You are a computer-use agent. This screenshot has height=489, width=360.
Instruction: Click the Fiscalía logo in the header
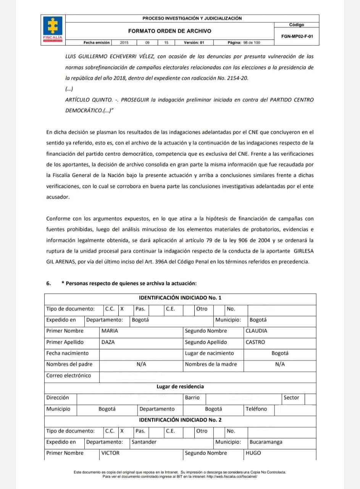53,28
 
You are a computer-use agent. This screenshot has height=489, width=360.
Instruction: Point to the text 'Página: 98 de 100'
244,43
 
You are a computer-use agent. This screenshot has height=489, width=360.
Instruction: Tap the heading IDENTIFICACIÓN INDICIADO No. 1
180,298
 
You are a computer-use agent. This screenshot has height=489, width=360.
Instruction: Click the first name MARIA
110,331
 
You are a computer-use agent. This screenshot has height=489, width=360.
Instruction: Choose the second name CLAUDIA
257,331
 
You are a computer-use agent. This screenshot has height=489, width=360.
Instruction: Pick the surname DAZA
108,342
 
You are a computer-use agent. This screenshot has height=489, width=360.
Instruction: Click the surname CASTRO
255,342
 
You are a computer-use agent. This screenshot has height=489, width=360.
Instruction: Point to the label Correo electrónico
69,376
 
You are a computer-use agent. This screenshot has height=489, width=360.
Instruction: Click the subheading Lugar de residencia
180,387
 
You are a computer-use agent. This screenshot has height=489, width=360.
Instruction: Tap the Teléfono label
257,409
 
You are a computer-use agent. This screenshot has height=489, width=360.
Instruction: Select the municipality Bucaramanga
266,442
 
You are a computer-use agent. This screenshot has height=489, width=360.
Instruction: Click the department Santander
144,442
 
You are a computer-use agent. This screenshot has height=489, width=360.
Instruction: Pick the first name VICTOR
110,453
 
